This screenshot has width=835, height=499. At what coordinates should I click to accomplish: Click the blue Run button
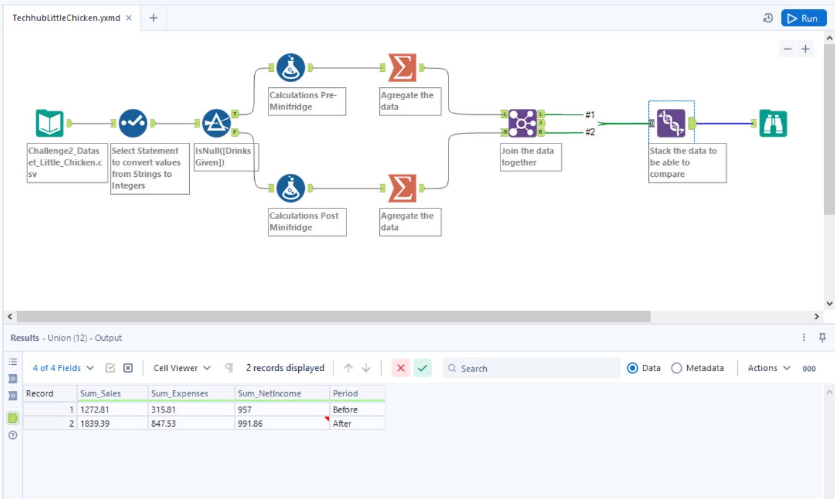tap(803, 18)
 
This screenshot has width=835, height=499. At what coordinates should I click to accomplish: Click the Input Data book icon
tap(49, 123)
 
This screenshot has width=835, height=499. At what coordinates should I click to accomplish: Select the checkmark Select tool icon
tap(132, 123)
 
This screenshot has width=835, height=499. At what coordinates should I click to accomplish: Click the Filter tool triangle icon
tap(216, 123)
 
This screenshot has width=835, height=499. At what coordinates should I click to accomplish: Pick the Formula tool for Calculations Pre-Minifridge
tap(291, 67)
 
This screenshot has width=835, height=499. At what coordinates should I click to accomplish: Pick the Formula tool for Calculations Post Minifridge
tap(291, 188)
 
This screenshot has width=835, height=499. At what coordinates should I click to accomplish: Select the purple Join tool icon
tap(522, 123)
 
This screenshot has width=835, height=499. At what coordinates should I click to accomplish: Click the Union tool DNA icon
tap(671, 123)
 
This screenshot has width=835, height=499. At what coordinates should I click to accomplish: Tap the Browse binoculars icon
tap(773, 123)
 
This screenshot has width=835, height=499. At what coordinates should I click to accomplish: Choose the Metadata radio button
tap(676, 368)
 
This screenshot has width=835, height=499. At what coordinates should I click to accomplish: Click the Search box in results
tap(532, 368)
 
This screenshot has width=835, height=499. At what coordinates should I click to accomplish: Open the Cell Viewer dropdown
tap(182, 368)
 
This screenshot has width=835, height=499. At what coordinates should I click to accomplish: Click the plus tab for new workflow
tap(153, 18)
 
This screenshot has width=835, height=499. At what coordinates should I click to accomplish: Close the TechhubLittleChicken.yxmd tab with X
tap(129, 18)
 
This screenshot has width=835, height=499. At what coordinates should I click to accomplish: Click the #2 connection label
tap(589, 131)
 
